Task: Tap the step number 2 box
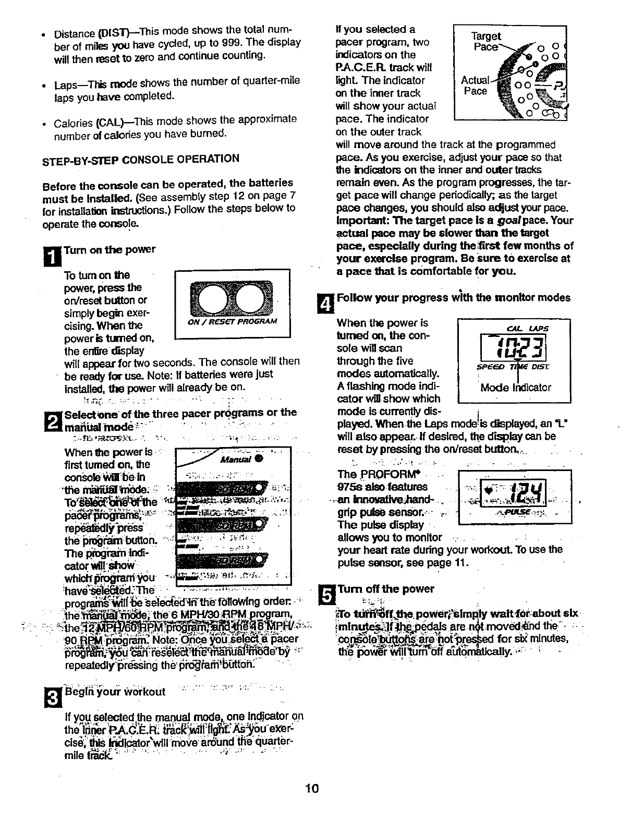click(53, 419)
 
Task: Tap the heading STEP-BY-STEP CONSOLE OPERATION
click(141, 159)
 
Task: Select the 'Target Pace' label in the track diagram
click(486, 41)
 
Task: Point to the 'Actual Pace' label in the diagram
click(476, 86)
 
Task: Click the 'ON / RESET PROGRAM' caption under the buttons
click(232, 321)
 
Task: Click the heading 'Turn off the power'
click(386, 589)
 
